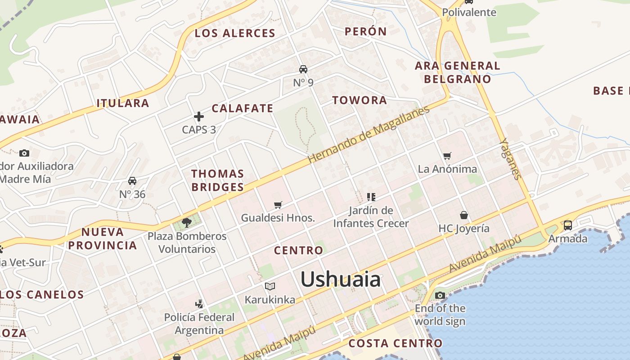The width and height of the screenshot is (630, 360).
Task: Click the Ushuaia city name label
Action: pyautogui.click(x=341, y=279)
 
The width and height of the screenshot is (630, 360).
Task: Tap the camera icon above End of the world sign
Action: pyautogui.click(x=440, y=296)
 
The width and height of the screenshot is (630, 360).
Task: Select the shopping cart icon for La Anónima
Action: pyautogui.click(x=447, y=156)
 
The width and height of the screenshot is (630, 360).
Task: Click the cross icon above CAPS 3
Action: pyautogui.click(x=199, y=117)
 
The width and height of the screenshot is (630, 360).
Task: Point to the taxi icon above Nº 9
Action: pyautogui.click(x=303, y=69)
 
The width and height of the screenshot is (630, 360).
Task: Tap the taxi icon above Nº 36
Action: pyautogui.click(x=132, y=181)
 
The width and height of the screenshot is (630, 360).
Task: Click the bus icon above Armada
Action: pyautogui.click(x=568, y=225)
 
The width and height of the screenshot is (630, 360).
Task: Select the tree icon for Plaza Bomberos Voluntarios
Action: pyautogui.click(x=187, y=222)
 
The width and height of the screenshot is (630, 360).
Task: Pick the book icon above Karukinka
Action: pyautogui.click(x=270, y=286)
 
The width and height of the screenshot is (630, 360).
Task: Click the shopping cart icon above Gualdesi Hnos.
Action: pyautogui.click(x=278, y=205)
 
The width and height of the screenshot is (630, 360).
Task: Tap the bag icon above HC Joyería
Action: pyautogui.click(x=464, y=215)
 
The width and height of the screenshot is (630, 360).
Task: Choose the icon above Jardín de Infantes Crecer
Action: pyautogui.click(x=371, y=197)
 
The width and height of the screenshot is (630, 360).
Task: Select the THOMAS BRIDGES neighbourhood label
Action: pyautogui.click(x=218, y=180)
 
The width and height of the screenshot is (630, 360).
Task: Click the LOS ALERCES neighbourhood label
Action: pyautogui.click(x=235, y=33)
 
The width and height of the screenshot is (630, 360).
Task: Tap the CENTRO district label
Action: pyautogui.click(x=299, y=251)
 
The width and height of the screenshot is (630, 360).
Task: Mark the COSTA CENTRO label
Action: pyautogui.click(x=396, y=343)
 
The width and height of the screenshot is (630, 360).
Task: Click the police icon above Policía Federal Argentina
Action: pyautogui.click(x=199, y=304)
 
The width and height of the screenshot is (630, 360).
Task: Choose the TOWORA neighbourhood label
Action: pyautogui.click(x=360, y=100)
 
